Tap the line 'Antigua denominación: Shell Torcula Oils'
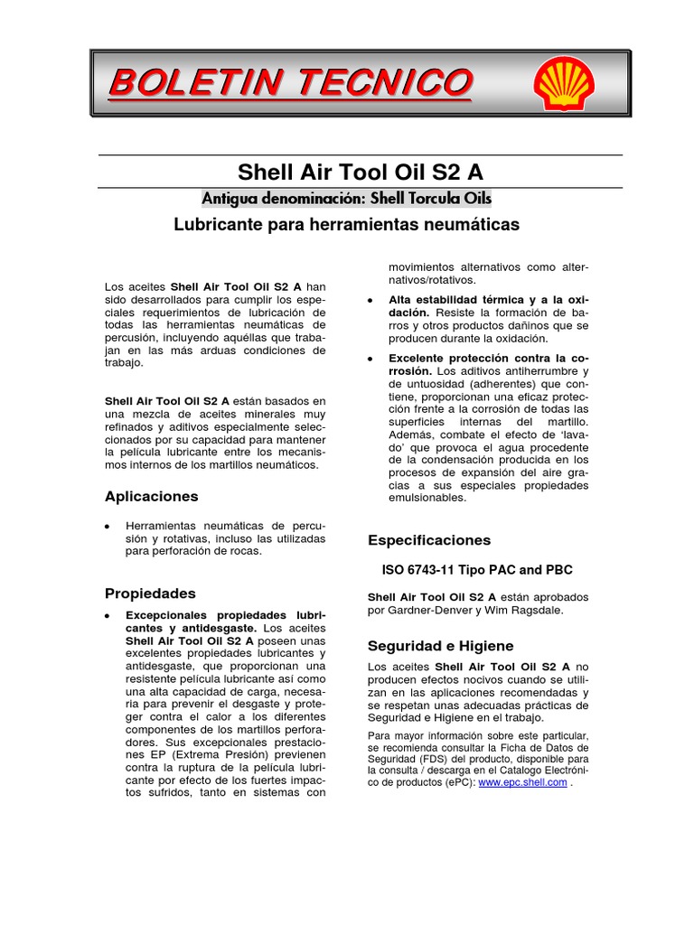pos(346,198)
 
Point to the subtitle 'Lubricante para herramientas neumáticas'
pos(346,224)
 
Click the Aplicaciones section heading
pos(151,497)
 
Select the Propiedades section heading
pos(150,593)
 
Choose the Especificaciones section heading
pos(429,540)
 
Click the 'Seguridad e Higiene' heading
pos(440,646)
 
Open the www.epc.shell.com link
pos(522,782)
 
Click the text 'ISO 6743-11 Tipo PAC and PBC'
pos(479,570)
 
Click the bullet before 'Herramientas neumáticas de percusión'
pos(108,526)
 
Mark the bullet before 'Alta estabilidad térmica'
pos(370,300)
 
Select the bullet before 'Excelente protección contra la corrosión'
pos(370,359)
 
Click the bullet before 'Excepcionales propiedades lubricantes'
pos(108,615)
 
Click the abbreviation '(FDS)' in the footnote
pos(425,759)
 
